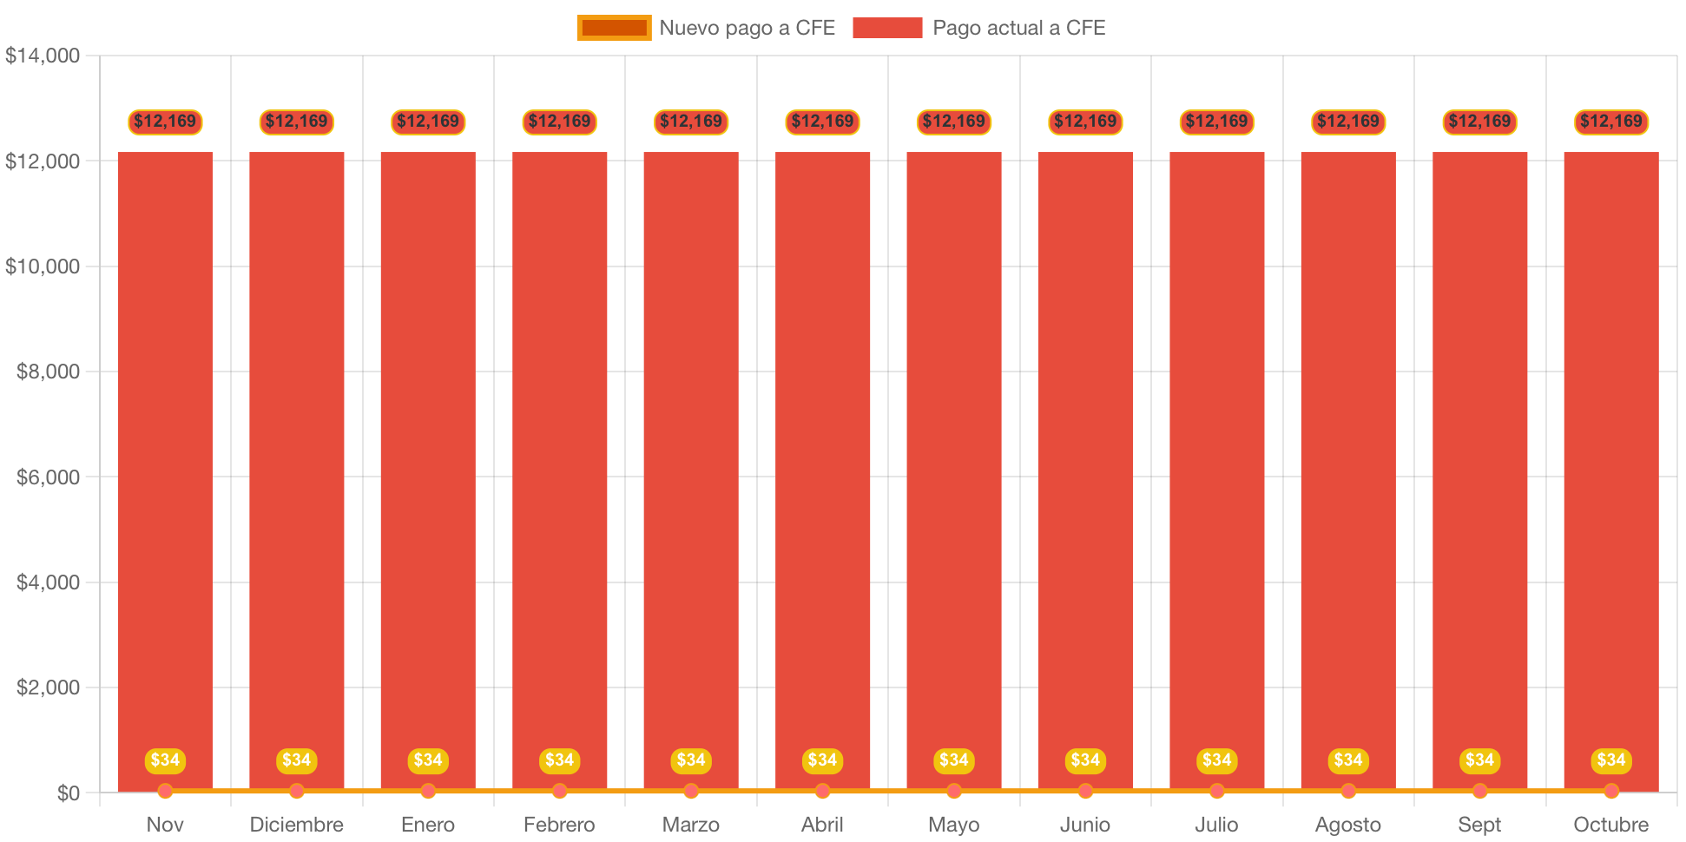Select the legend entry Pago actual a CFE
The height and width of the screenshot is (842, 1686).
tap(978, 28)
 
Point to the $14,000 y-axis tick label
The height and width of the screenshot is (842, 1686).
tap(43, 56)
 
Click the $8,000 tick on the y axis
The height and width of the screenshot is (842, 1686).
tap(48, 372)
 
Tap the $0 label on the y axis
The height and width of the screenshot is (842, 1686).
tap(68, 793)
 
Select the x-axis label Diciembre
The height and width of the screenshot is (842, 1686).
tap(296, 824)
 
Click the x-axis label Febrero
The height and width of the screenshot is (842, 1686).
tap(559, 824)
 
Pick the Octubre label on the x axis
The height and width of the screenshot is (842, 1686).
tap(1610, 824)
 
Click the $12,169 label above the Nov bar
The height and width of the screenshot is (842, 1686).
tap(165, 122)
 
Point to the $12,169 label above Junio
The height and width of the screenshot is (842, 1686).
tap(1085, 122)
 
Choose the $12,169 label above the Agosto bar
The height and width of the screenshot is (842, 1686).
tap(1348, 122)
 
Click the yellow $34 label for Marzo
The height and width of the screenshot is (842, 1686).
tap(691, 760)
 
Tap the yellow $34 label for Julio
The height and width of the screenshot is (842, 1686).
tap(1216, 760)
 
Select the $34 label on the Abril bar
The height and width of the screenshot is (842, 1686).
tap(822, 760)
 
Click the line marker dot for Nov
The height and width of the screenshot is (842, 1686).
tap(165, 791)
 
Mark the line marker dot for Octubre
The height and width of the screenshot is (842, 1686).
tap(1611, 791)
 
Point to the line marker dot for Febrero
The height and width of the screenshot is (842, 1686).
tap(559, 791)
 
